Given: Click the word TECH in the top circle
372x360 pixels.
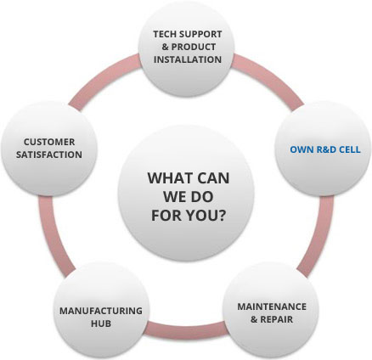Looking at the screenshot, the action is pos(165,34).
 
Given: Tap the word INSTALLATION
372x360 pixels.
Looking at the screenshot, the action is pos(188,59).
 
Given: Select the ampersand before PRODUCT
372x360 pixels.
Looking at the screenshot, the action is pos(165,47).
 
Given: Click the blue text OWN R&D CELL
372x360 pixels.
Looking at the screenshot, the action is pos(325,149).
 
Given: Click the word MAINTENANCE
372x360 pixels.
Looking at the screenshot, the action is pos(272,307).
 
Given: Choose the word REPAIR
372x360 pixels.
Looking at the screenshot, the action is pos(277,319).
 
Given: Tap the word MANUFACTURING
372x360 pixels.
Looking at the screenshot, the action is pos(101,311).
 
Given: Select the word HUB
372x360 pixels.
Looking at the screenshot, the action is pos(101,323).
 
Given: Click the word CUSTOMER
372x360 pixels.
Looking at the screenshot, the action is pos(49,142).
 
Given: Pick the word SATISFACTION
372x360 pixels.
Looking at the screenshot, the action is pos(49,155).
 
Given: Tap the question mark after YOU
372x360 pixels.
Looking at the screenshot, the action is pos(222,215).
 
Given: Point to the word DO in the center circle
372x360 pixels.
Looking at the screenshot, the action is pos(201,197).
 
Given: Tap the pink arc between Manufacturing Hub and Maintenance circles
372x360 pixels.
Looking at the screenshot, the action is pos(187,330).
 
